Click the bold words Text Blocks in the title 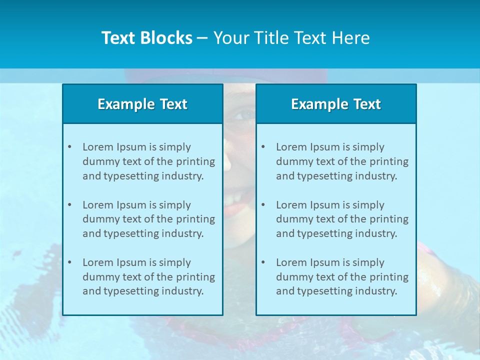point(146,38)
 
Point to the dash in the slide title point(202,38)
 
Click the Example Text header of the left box point(142,104)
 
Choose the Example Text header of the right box point(336,104)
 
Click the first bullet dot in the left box point(69,147)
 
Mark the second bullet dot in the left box point(69,205)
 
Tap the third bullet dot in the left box point(69,262)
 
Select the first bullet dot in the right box point(263,147)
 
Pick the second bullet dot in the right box point(263,205)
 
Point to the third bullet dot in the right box point(263,262)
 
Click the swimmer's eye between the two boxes point(244,115)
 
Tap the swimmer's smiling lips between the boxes point(235,205)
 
